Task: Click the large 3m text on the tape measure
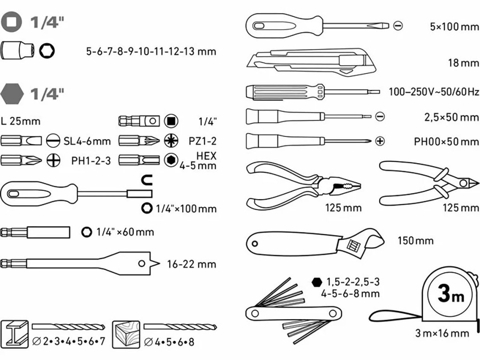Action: tap(450, 295)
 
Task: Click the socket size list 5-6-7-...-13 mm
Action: tap(151, 51)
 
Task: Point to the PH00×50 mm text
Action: tap(440, 141)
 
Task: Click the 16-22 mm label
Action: tap(191, 264)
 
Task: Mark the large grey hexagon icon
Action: tap(12, 94)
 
